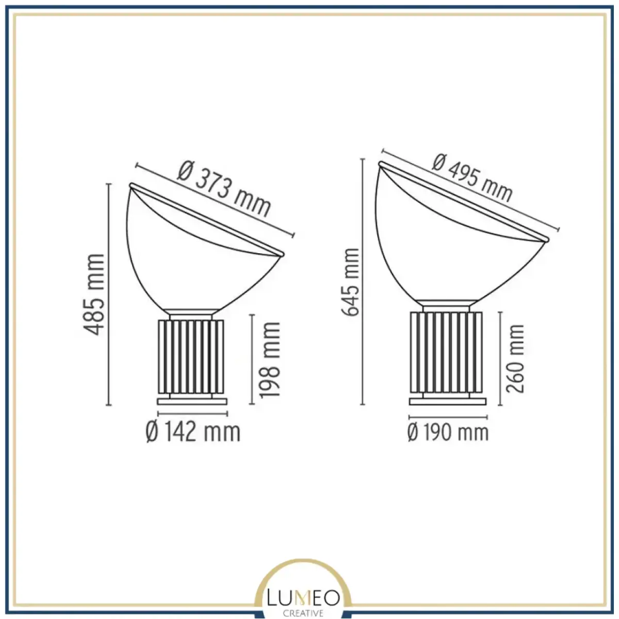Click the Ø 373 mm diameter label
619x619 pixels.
(224, 189)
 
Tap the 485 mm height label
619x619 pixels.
(94, 295)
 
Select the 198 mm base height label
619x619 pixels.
(269, 360)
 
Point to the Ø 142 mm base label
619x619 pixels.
(193, 432)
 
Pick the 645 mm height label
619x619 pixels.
(349, 282)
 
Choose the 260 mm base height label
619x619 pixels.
(515, 359)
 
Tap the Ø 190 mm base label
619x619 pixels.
(448, 432)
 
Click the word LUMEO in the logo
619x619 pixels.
(303, 598)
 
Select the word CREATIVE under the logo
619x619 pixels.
(303, 613)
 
